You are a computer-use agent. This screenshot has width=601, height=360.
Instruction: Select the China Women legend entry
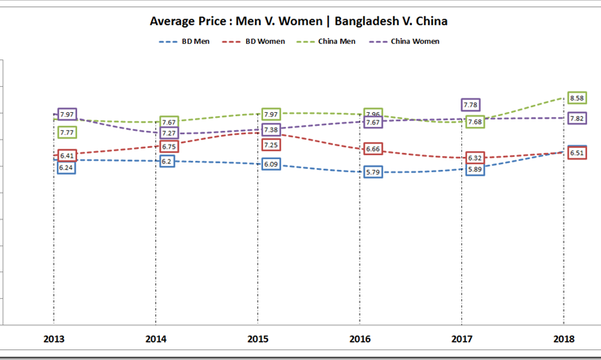(415, 41)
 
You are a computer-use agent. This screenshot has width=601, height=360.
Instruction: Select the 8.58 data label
(577, 98)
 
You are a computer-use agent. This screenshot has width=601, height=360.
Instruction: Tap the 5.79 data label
(373, 172)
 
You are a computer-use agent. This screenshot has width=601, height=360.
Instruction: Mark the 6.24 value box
(67, 167)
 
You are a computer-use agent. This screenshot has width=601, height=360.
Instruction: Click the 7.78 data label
(470, 105)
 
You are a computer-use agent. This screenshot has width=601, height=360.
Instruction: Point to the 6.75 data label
(169, 146)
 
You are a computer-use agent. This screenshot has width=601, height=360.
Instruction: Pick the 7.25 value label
(271, 145)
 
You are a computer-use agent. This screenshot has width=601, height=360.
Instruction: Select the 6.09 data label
(271, 164)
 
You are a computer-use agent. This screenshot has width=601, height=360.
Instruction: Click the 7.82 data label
(577, 119)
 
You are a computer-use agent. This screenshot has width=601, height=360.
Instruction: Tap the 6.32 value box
(475, 158)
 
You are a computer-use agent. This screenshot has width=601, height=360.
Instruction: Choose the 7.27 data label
(169, 132)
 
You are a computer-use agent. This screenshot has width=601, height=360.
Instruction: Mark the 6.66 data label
(373, 149)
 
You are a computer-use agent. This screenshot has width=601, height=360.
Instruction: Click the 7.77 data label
(67, 132)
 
